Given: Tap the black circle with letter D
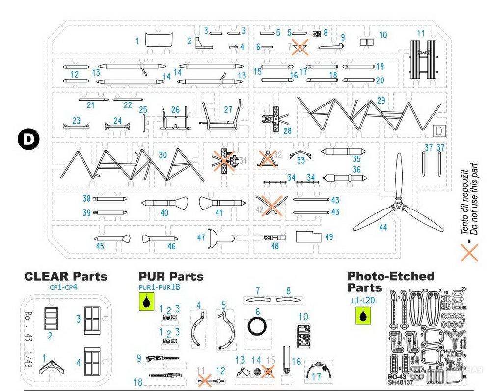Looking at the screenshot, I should coord(28,139).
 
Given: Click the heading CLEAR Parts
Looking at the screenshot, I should coord(66,276).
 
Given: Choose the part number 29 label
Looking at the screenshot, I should coord(381,101).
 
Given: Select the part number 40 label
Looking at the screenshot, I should coord(164,213).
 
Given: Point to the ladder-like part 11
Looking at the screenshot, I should coord(424,61).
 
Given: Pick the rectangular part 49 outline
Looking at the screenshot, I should coord(308,237).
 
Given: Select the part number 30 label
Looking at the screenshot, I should coord(163,155).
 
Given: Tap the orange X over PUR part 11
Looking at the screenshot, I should coord(204,379).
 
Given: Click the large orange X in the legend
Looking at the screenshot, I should coord(469,253).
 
